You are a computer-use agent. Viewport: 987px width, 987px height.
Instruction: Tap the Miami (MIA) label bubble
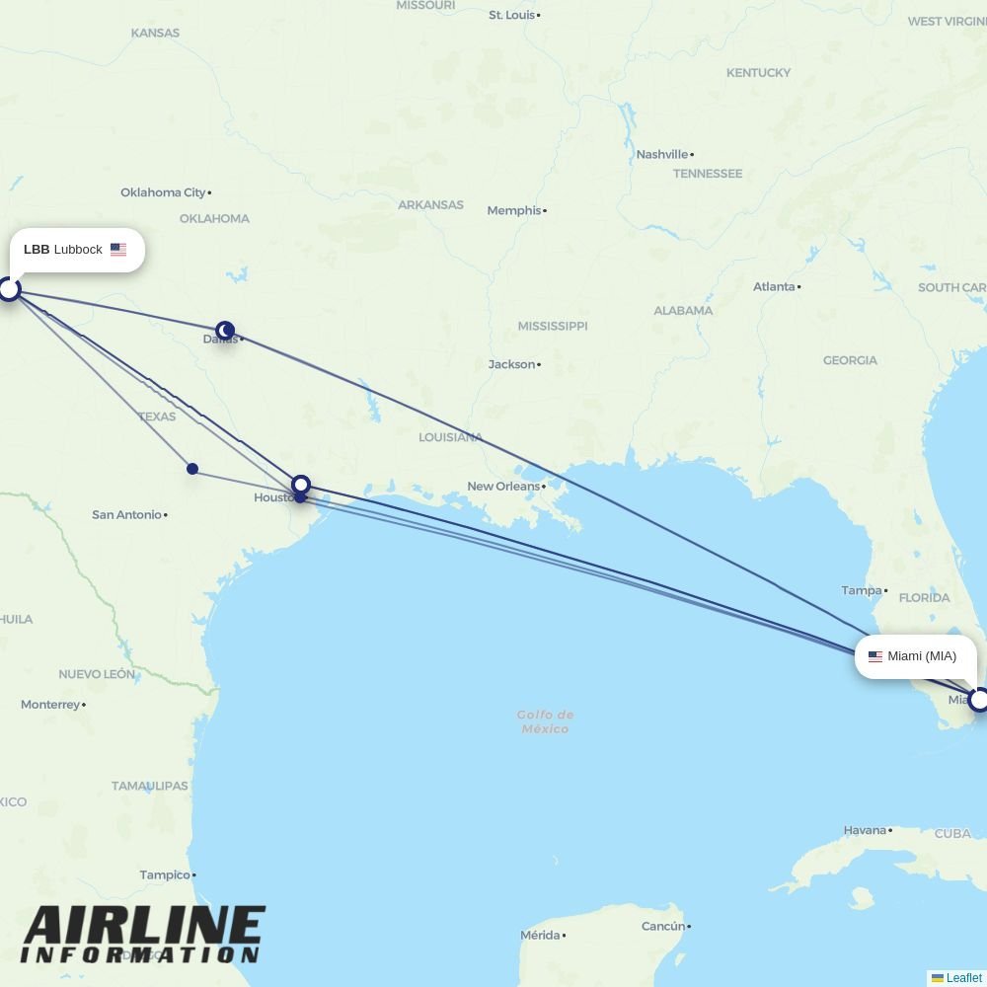(915, 656)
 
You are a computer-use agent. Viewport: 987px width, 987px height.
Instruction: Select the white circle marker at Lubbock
(9, 289)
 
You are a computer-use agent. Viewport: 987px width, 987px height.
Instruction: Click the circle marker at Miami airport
(979, 700)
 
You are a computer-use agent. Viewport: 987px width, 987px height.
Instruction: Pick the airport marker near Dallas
(225, 330)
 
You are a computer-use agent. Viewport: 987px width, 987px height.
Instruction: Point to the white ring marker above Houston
(301, 485)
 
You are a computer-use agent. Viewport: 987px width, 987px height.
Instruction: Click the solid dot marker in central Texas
(192, 469)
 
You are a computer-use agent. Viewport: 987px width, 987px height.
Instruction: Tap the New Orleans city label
(503, 486)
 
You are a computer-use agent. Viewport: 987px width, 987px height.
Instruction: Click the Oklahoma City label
(163, 192)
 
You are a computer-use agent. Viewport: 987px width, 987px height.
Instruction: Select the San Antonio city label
(126, 514)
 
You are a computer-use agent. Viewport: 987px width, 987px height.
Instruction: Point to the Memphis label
(513, 210)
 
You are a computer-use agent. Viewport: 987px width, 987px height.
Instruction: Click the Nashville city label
(661, 154)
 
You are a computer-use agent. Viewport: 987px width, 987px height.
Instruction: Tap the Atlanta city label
(774, 286)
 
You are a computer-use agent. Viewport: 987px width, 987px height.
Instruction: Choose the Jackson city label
(511, 364)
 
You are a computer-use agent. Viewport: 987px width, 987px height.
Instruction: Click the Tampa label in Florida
(861, 590)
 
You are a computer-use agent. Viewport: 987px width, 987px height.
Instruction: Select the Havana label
(865, 830)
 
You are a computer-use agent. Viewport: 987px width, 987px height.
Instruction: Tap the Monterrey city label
(50, 705)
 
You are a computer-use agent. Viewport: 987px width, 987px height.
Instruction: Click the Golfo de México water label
(545, 721)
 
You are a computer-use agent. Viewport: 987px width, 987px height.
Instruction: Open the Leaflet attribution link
(963, 978)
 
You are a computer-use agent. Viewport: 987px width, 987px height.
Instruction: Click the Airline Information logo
(143, 934)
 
